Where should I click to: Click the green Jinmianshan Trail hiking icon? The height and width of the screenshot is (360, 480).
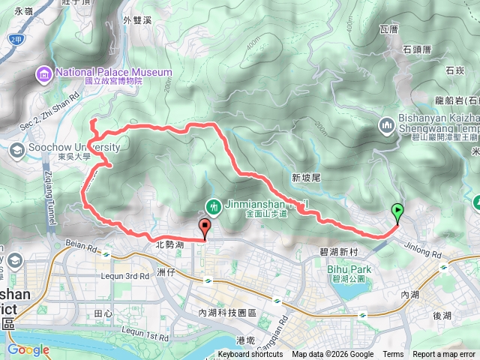click(x=213, y=204)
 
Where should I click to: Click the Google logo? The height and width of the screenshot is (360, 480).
click(x=28, y=349)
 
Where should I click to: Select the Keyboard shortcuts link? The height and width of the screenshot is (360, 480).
click(x=251, y=355)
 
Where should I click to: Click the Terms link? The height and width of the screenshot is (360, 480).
click(x=393, y=355)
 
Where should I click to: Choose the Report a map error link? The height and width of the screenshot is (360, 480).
click(x=445, y=355)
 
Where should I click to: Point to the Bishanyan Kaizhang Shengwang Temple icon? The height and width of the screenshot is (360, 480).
click(x=388, y=124)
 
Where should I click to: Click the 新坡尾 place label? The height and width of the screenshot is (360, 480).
click(x=306, y=178)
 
